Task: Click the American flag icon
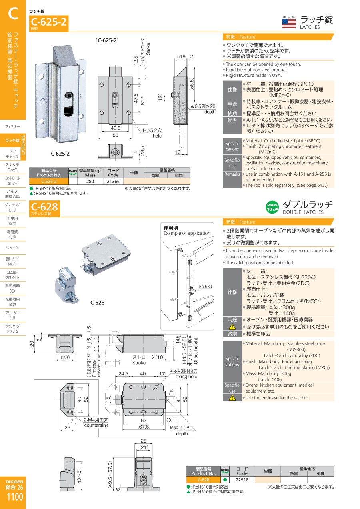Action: tap(289, 23)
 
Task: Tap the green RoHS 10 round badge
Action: tap(272, 207)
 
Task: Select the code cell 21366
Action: tap(113, 181)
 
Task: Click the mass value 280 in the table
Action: tap(90, 181)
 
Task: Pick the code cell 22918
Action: tap(242, 479)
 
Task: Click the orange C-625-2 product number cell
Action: tap(49, 181)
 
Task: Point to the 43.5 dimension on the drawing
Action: tap(115, 128)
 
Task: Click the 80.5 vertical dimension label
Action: tap(143, 100)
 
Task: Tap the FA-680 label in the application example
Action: tap(205, 287)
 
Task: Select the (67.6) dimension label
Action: tap(144, 427)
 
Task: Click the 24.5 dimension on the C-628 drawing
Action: tap(123, 374)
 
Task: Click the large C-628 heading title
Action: tap(44, 206)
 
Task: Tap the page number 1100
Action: tap(15, 497)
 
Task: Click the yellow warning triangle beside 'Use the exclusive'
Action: tap(232, 397)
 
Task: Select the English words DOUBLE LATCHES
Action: tap(303, 212)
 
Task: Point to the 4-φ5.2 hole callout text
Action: tap(152, 133)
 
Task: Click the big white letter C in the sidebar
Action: tap(13, 13)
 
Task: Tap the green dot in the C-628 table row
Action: tap(225, 479)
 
